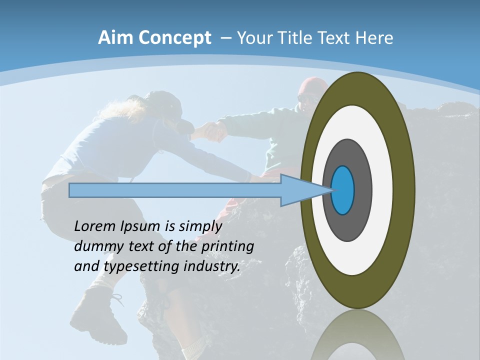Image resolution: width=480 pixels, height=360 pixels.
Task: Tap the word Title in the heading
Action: [x=305, y=38]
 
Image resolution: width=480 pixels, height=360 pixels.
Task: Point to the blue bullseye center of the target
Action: [x=343, y=190]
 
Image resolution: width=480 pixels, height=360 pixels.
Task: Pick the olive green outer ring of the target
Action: [x=403, y=190]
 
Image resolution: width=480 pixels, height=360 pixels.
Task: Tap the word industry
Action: [x=212, y=266]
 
